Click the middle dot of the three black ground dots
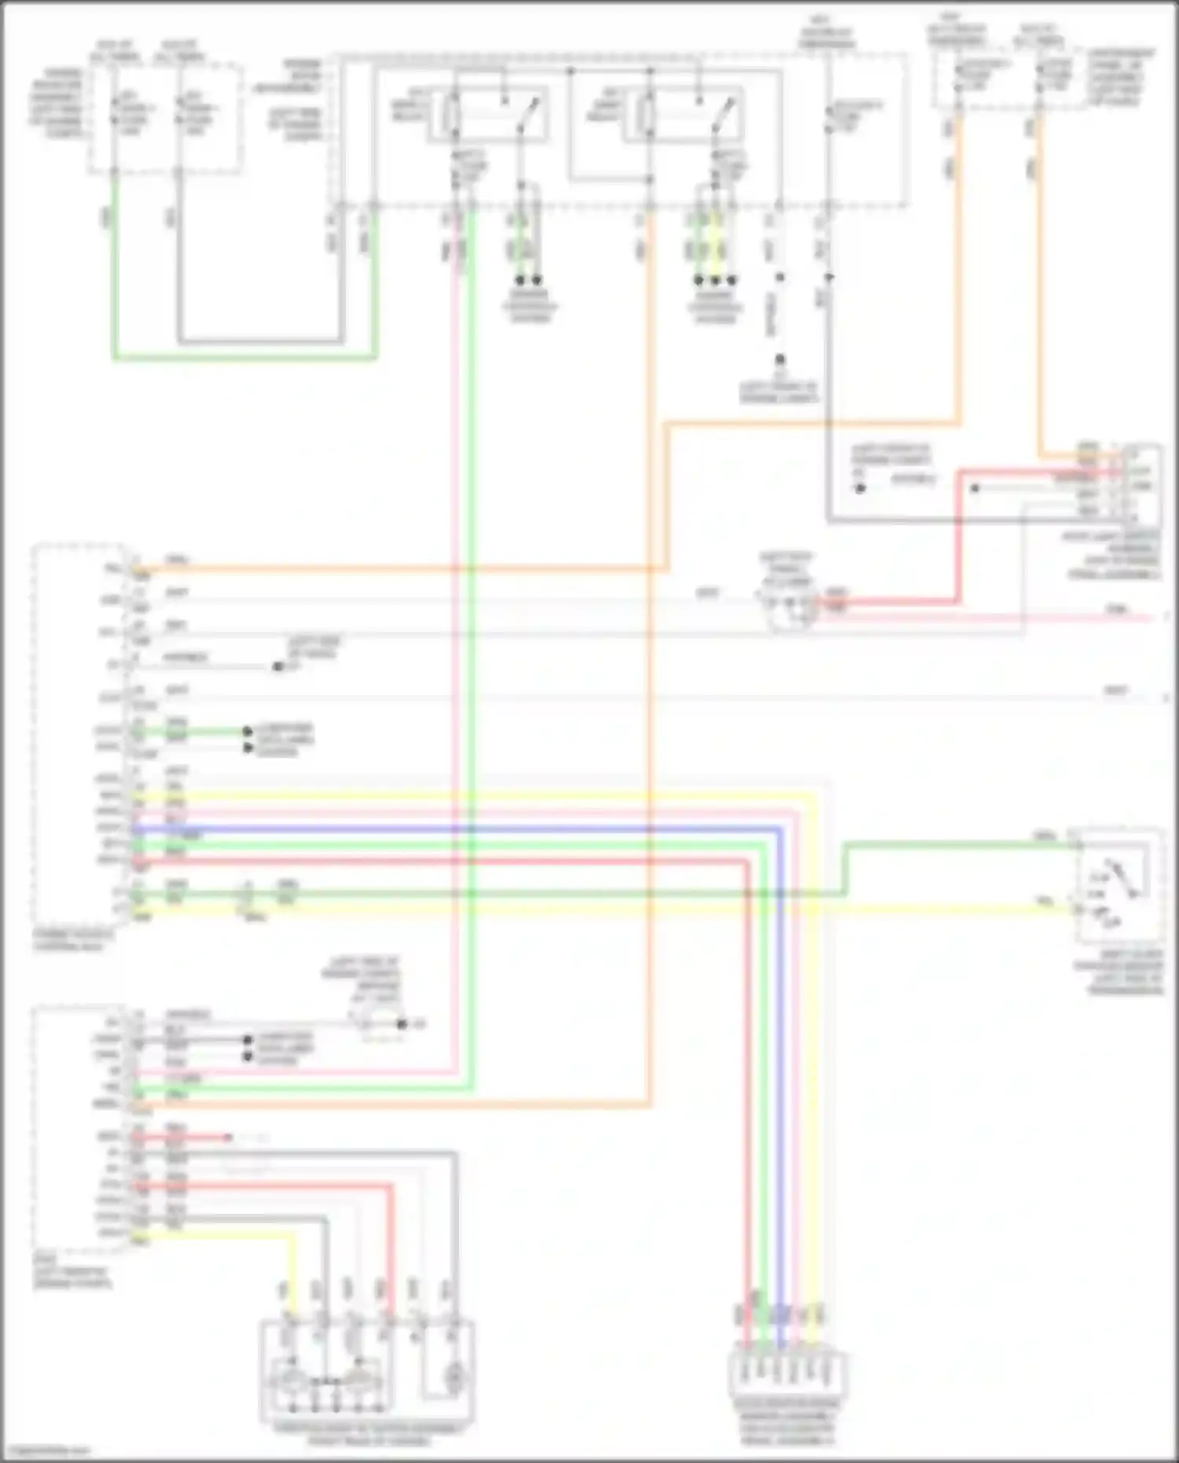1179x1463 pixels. click(715, 280)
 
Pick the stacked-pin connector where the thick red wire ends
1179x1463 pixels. click(1140, 483)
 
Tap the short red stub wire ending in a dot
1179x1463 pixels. click(204, 1138)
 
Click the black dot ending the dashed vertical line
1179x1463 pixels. click(780, 359)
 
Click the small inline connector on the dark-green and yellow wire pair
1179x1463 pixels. click(248, 900)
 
